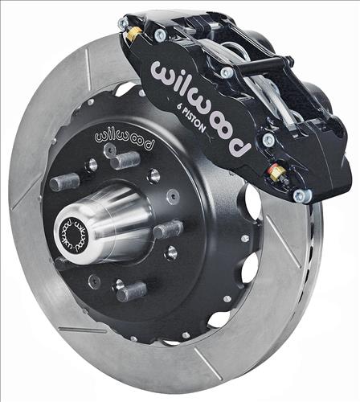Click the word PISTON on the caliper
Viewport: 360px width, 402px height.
click(194, 121)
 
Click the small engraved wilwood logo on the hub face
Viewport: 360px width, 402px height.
click(124, 139)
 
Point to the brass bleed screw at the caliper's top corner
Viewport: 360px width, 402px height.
click(132, 35)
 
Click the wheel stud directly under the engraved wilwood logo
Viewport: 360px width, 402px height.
click(125, 160)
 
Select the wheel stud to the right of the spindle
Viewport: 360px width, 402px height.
click(168, 229)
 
